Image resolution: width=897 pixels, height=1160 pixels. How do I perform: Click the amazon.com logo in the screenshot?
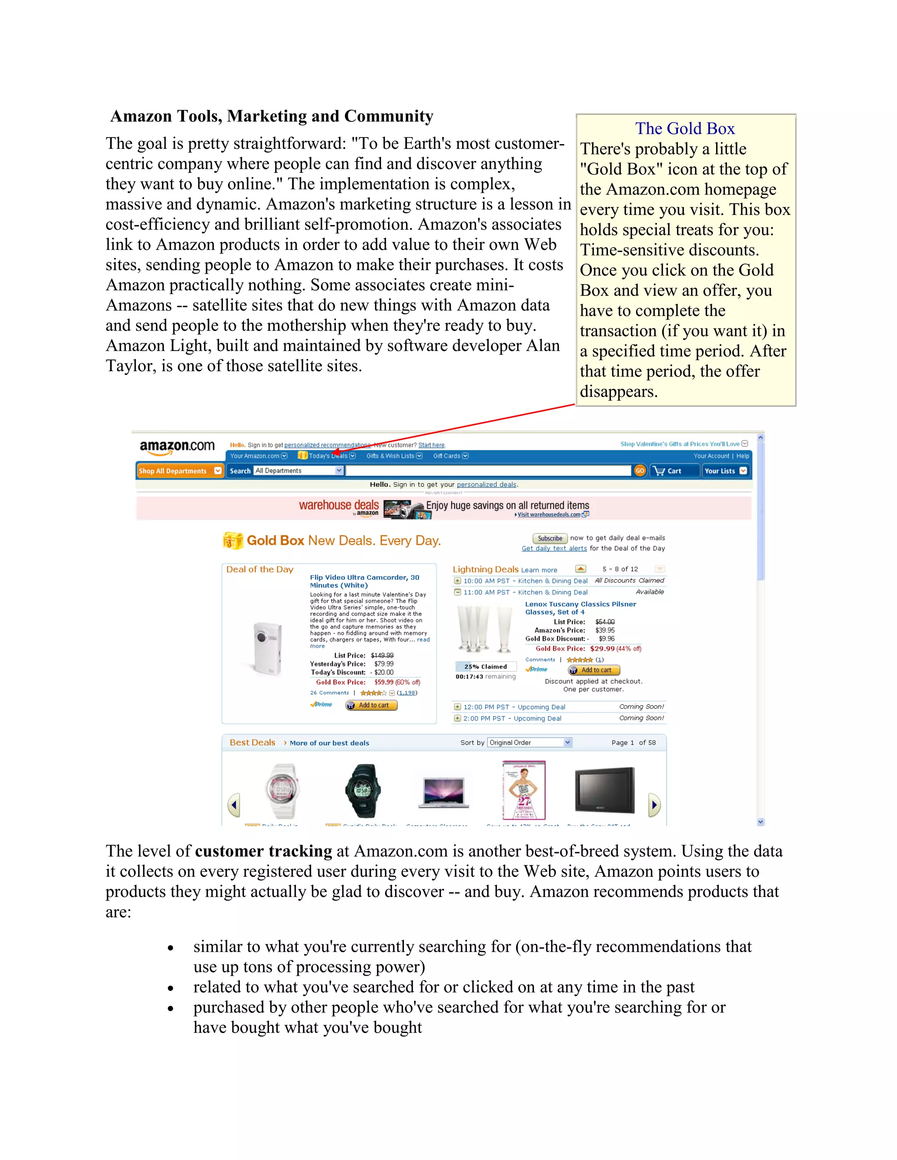click(177, 447)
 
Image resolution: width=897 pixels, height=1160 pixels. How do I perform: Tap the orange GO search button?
click(640, 471)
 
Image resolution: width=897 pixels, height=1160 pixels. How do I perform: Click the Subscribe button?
click(550, 538)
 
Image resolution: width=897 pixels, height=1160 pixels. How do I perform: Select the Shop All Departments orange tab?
click(180, 471)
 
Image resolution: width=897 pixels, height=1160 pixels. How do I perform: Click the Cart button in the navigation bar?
click(674, 471)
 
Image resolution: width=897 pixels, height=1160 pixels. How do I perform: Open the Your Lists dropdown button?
click(725, 471)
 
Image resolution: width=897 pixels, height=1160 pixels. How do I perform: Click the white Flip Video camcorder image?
click(266, 648)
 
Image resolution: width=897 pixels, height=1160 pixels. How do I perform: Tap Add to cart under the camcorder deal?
click(371, 705)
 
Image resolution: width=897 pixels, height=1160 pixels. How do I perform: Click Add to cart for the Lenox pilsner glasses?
click(594, 670)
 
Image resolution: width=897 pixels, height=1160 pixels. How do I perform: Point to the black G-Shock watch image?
click(363, 790)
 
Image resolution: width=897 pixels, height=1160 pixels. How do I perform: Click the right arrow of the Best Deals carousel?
click(655, 805)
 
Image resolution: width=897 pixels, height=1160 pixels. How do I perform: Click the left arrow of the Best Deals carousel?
click(233, 805)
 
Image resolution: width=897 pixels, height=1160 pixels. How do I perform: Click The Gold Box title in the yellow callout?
click(685, 129)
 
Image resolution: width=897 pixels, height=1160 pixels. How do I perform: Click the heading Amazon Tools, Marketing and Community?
click(272, 116)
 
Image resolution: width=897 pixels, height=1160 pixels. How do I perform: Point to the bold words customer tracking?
click(263, 851)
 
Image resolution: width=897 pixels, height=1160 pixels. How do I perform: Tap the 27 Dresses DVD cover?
click(524, 790)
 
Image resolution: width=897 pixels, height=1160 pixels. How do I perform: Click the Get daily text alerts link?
click(554, 548)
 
